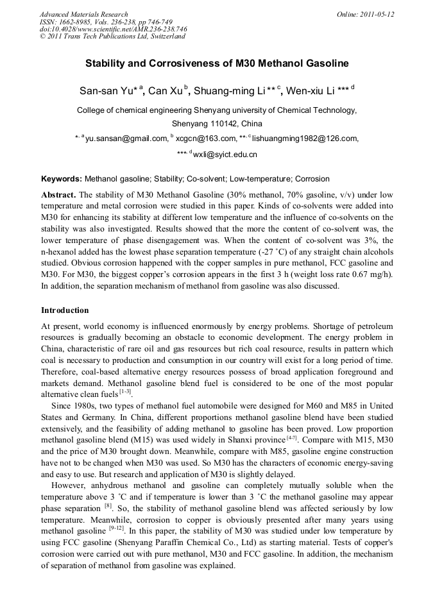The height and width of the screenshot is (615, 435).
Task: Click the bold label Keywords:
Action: (62, 179)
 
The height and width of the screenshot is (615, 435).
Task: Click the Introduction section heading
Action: (65, 310)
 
